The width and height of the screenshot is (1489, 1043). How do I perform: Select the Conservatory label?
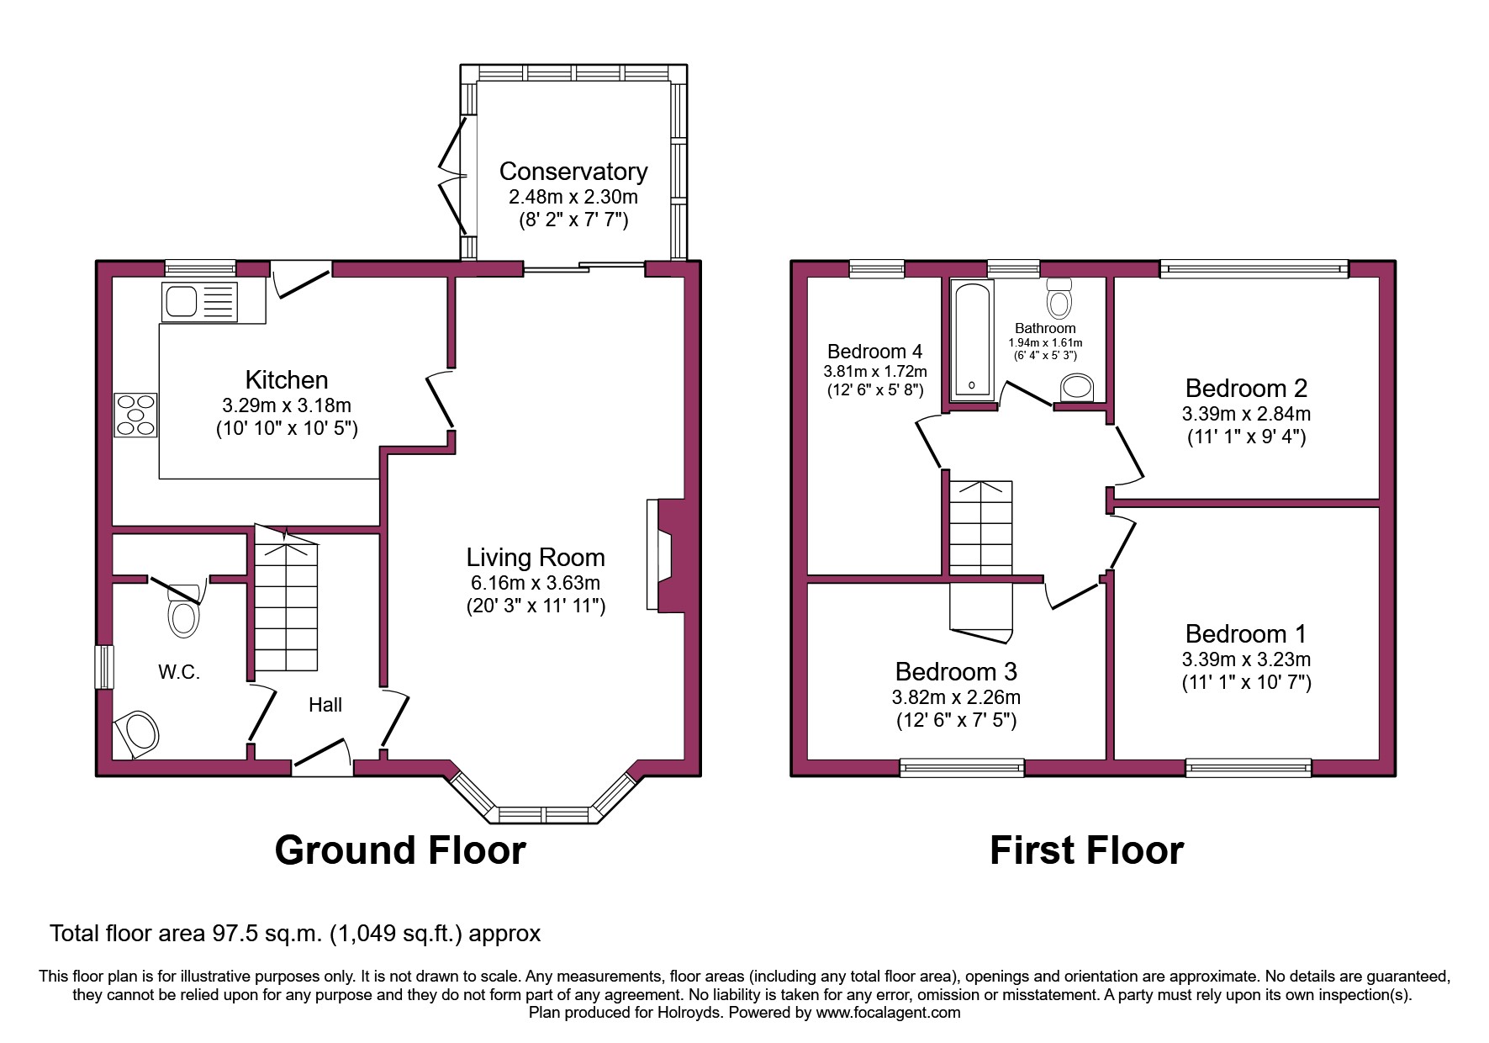tap(573, 172)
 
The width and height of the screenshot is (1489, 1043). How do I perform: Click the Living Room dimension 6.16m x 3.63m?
tap(535, 583)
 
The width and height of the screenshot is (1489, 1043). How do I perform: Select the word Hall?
tap(325, 705)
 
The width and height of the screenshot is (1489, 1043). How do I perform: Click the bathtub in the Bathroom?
tap(971, 341)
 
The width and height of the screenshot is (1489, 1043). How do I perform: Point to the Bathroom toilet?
tap(1059, 298)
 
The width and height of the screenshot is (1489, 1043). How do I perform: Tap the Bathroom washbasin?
tap(1077, 389)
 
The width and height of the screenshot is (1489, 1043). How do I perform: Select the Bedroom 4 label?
tap(874, 352)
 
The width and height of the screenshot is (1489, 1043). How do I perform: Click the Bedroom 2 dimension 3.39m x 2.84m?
tap(1246, 414)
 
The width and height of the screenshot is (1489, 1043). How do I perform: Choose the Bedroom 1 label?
tap(1246, 633)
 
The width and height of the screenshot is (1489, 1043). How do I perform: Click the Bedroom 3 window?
tap(962, 766)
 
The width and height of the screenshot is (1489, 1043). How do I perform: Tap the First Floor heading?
tap(1086, 850)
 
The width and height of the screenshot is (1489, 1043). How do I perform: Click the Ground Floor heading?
tap(400, 850)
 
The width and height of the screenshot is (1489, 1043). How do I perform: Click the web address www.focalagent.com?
tap(888, 1013)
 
